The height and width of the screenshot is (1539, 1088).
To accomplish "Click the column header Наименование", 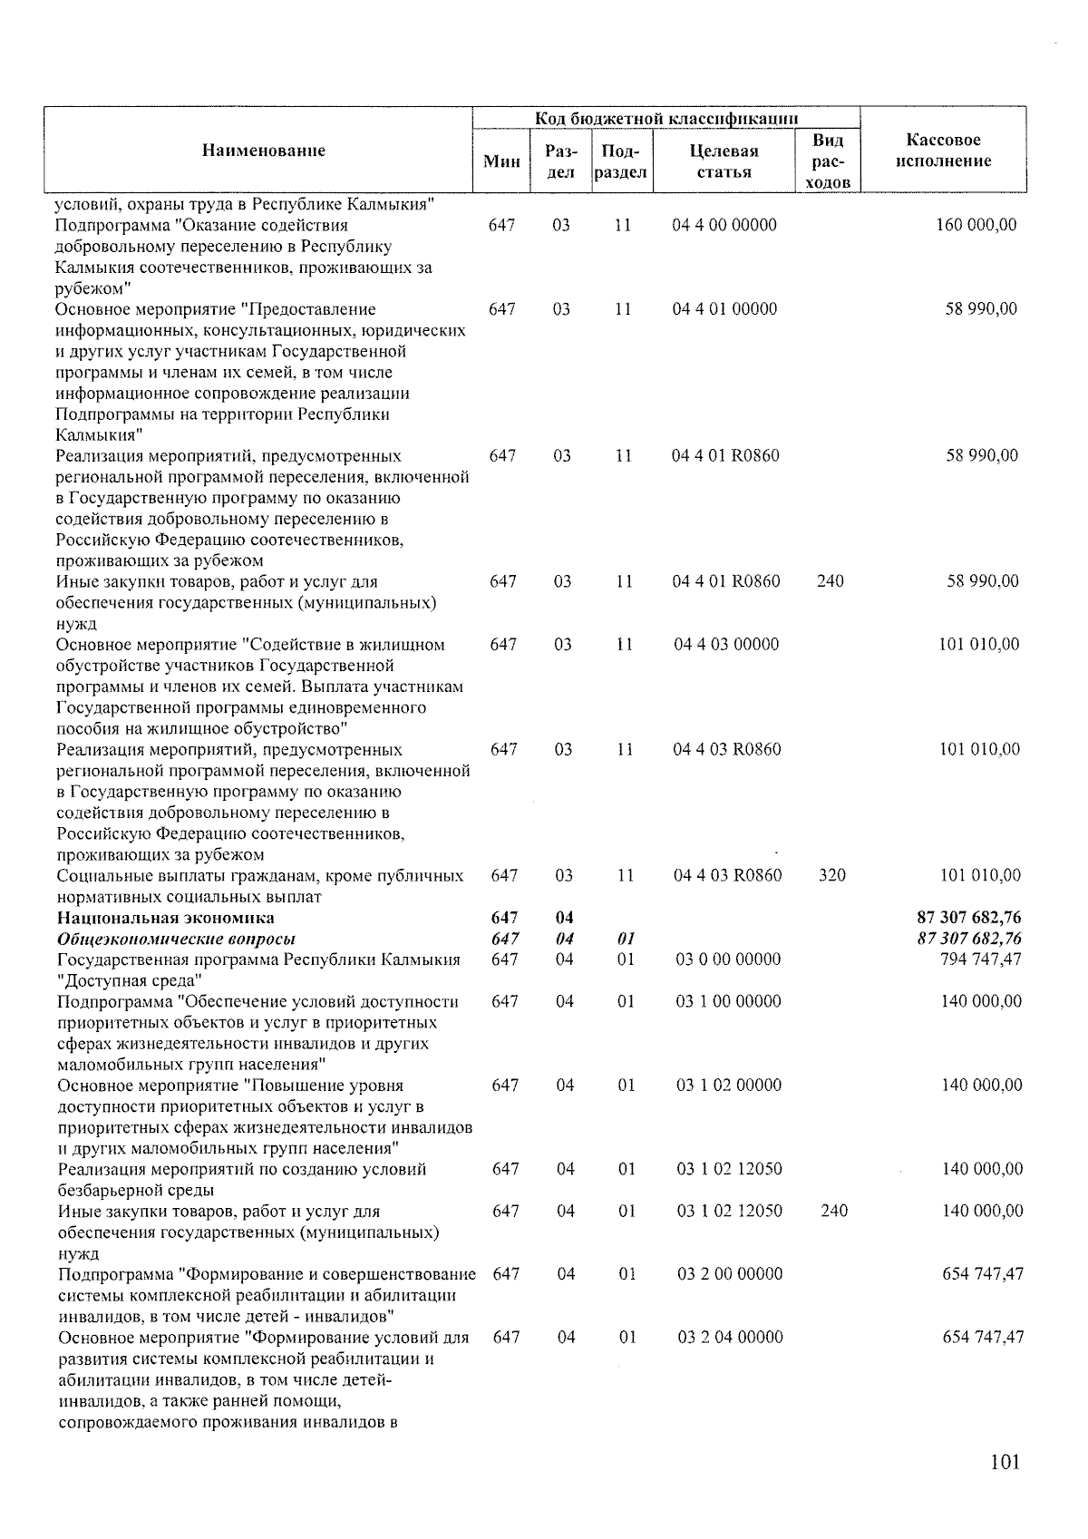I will coord(263,151).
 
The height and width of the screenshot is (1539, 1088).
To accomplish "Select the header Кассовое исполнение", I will coord(943,151).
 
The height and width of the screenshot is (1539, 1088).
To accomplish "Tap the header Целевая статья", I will coord(724,161).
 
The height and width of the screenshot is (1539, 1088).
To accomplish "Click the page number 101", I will coord(1005,1462).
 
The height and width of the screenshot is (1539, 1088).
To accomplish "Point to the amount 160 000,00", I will coord(976,225).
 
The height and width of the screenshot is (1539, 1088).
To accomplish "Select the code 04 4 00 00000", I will coord(724,225).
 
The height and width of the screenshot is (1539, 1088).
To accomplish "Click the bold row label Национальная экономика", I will coord(165,919).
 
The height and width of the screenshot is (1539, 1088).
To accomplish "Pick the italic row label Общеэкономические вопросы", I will coord(176,939).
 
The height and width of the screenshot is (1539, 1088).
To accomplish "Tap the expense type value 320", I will coord(831,875).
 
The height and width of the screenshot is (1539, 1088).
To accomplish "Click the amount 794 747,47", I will coord(981,959).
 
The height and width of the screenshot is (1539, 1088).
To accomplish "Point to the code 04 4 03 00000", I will coord(726,645).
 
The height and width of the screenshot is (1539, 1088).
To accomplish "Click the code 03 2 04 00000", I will coord(730,1337).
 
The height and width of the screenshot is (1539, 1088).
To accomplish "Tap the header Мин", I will coord(501,161).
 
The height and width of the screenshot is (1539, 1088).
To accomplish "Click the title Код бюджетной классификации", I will coord(665,118).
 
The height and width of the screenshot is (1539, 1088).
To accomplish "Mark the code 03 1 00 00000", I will coord(729,1001).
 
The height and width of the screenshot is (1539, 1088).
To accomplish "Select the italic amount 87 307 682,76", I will coord(969,939).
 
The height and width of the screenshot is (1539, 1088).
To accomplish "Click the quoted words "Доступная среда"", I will coord(129,980).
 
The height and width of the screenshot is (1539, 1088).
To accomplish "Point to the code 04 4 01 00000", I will coord(724,309).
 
